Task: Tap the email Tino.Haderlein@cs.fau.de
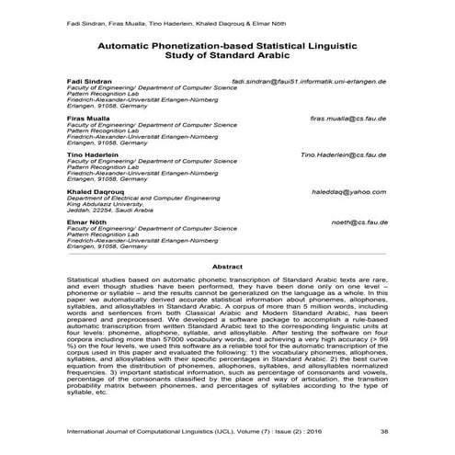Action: click(343, 155)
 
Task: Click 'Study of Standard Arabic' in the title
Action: click(226, 54)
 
